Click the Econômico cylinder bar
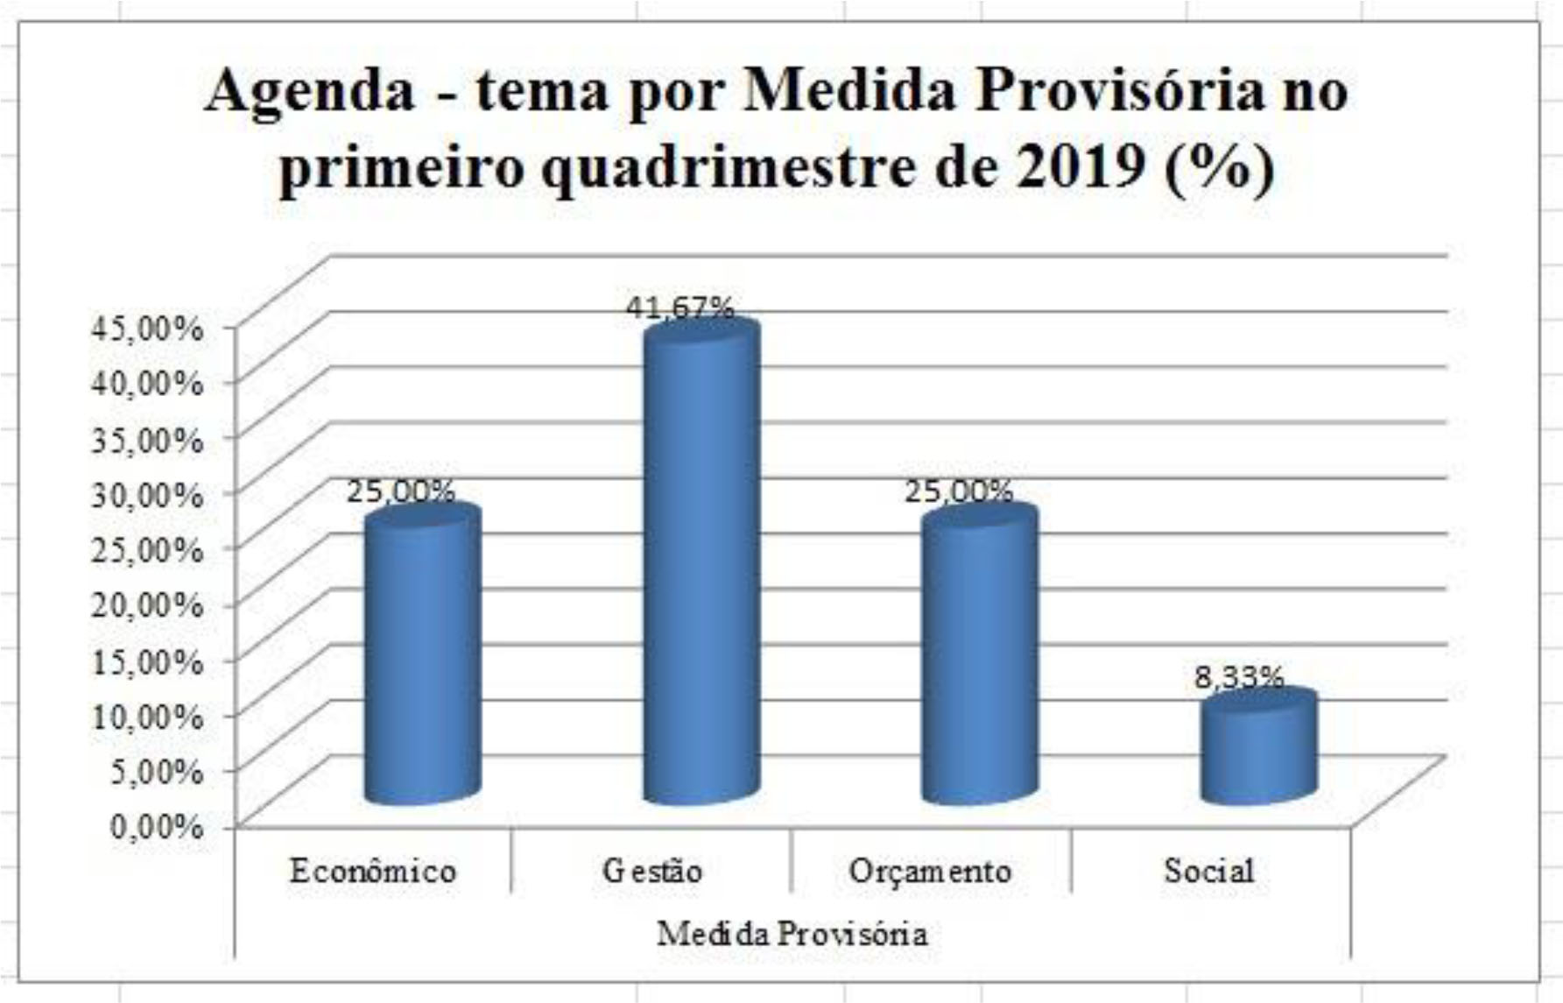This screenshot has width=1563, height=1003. [x=422, y=657]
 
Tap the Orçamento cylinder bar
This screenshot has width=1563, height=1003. [x=980, y=657]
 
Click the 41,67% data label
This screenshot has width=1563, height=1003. [x=679, y=308]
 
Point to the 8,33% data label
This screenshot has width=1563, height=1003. [x=1239, y=677]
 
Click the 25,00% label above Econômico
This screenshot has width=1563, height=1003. [x=400, y=491]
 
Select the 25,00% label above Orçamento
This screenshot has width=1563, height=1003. [x=958, y=491]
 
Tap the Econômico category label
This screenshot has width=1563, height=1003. [x=373, y=872]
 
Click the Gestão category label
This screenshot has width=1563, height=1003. [x=652, y=872]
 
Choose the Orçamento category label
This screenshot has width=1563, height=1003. [x=930, y=872]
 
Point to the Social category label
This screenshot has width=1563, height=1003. [x=1209, y=872]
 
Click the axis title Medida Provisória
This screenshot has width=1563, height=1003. [x=792, y=934]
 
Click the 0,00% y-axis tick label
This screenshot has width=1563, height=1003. [x=156, y=825]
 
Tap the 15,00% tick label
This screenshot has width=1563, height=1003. [x=147, y=660]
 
